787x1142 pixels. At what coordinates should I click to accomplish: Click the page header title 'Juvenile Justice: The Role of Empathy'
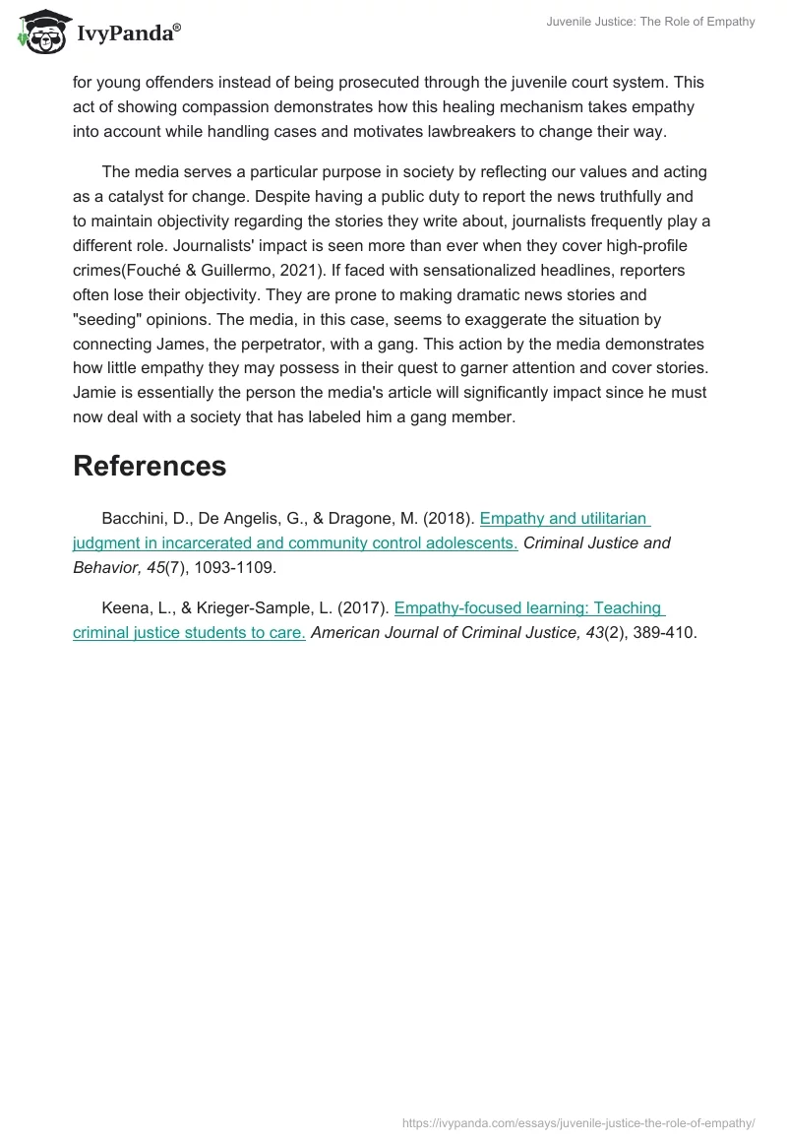pyautogui.click(x=651, y=22)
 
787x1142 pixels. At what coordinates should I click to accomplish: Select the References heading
pyautogui.click(x=150, y=466)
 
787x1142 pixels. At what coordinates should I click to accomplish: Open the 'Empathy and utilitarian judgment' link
pyautogui.click(x=565, y=519)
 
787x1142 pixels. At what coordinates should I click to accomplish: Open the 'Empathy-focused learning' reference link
pyautogui.click(x=529, y=609)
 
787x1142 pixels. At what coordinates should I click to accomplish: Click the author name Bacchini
pyautogui.click(x=135, y=519)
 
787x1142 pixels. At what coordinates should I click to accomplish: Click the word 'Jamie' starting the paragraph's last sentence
pyautogui.click(x=94, y=393)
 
